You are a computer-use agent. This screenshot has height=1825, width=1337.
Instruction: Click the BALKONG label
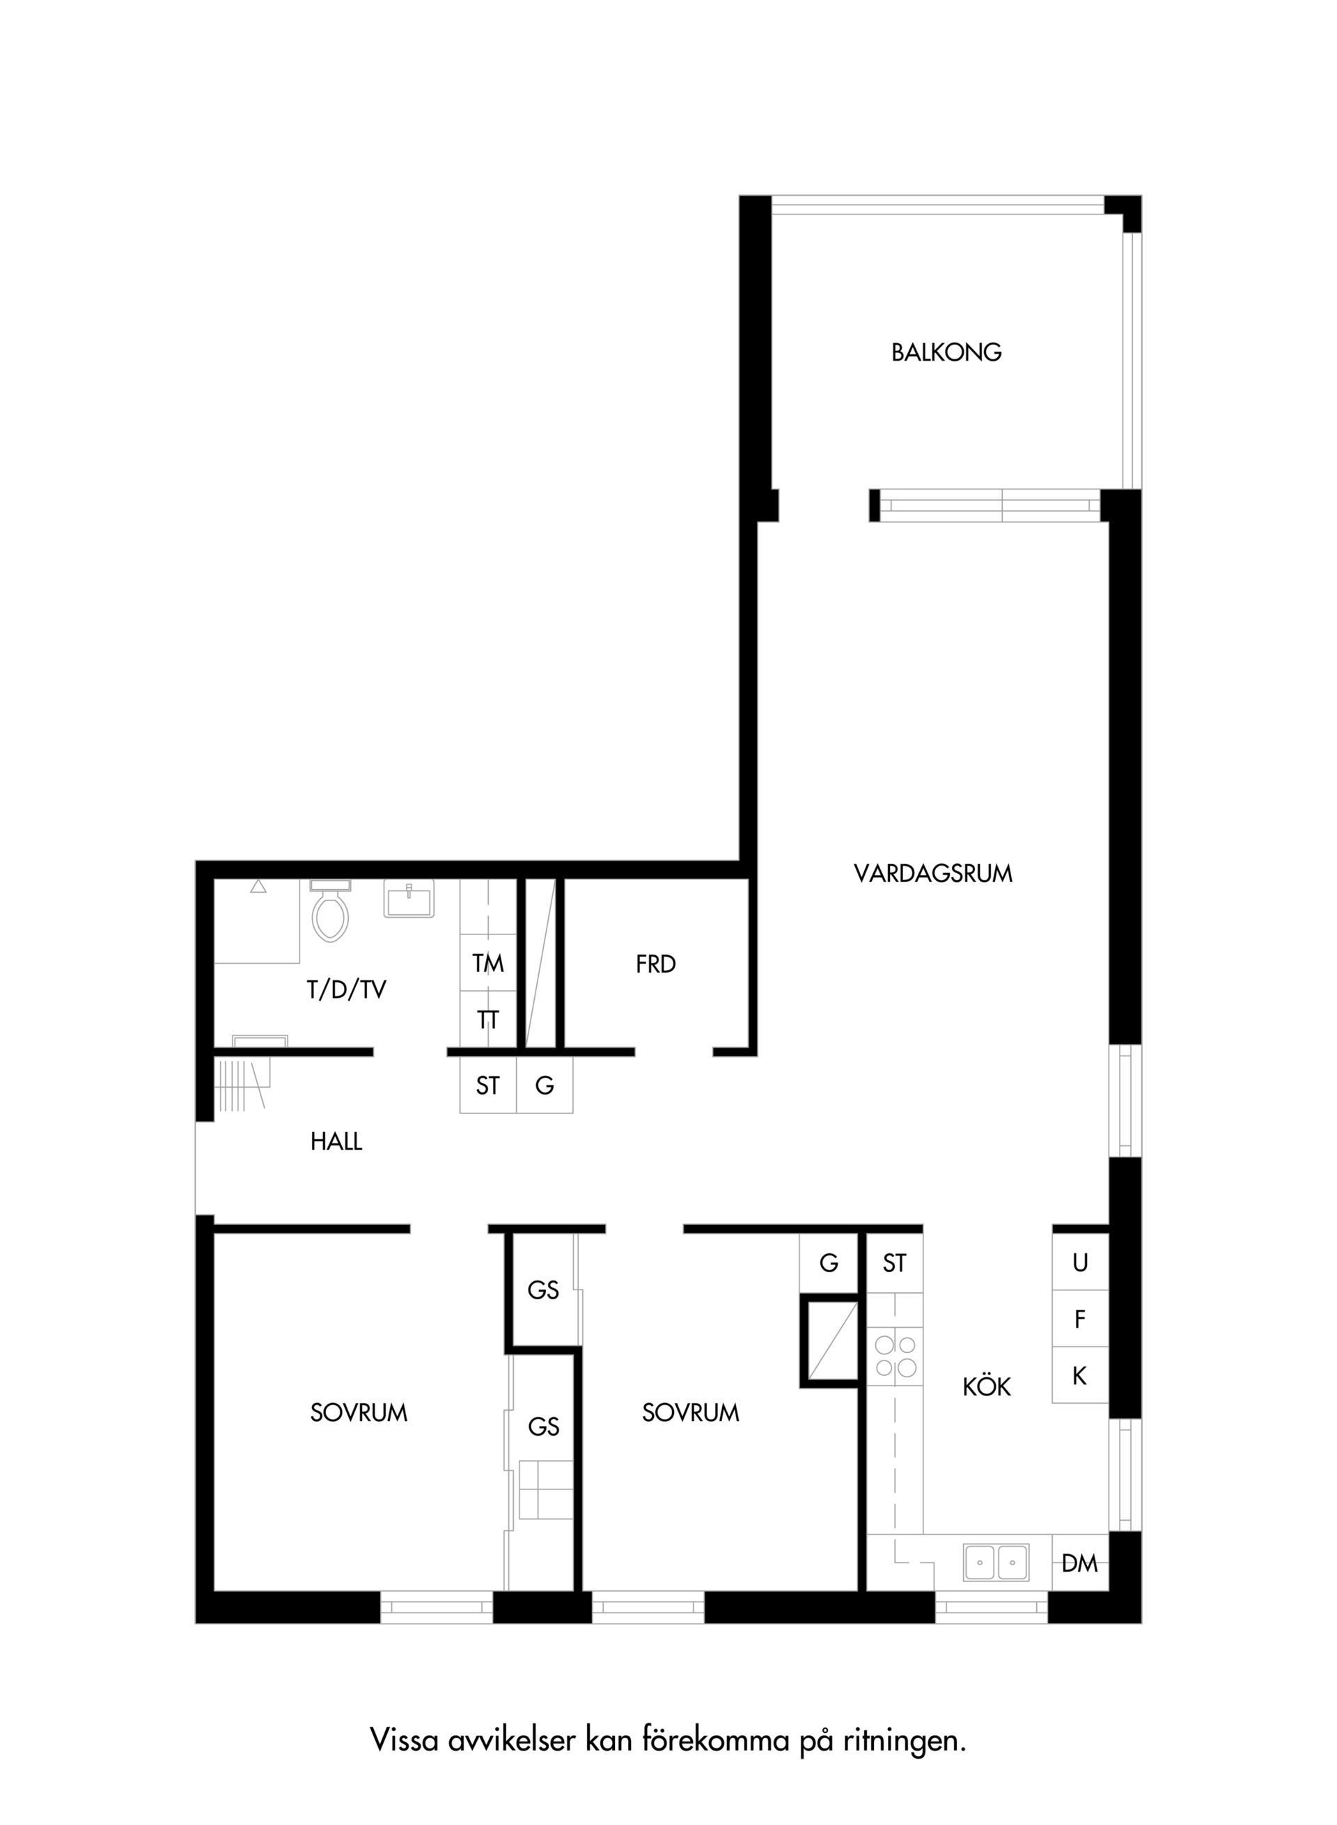tap(946, 353)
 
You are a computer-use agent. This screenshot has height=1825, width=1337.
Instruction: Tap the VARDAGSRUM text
tap(933, 874)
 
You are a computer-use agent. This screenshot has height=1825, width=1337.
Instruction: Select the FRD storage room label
tap(655, 964)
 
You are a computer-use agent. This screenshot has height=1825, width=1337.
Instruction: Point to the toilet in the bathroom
tap(330, 911)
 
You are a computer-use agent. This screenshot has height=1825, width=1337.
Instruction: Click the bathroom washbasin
tap(409, 898)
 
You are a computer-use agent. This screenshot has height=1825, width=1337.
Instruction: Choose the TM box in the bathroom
tap(488, 963)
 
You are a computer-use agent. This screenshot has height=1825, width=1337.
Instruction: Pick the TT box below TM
tap(488, 1020)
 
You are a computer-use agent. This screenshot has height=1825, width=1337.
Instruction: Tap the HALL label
tap(336, 1142)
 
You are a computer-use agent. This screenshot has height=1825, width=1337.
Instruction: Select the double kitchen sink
tap(996, 1562)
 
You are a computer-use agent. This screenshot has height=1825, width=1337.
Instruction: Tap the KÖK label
tap(987, 1386)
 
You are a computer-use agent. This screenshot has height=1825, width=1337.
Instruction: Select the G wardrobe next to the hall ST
tap(545, 1086)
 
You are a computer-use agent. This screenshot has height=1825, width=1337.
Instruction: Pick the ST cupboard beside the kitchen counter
tap(895, 1263)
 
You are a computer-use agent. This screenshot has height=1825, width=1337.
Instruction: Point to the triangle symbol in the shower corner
tap(258, 887)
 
